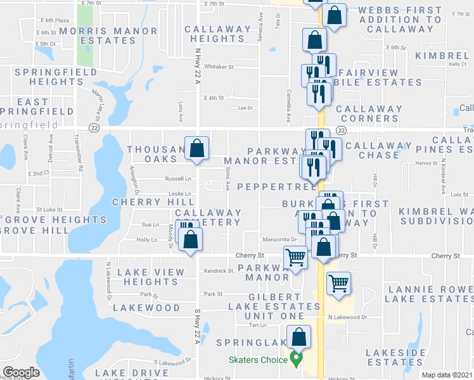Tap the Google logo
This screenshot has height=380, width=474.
(x=21, y=372)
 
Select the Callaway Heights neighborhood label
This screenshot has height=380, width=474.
(x=218, y=34)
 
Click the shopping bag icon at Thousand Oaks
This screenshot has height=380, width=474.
(x=197, y=149)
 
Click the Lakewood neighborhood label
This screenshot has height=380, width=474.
(x=146, y=308)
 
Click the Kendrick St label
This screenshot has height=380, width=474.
(x=219, y=270)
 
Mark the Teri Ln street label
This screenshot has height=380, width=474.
(x=258, y=325)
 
